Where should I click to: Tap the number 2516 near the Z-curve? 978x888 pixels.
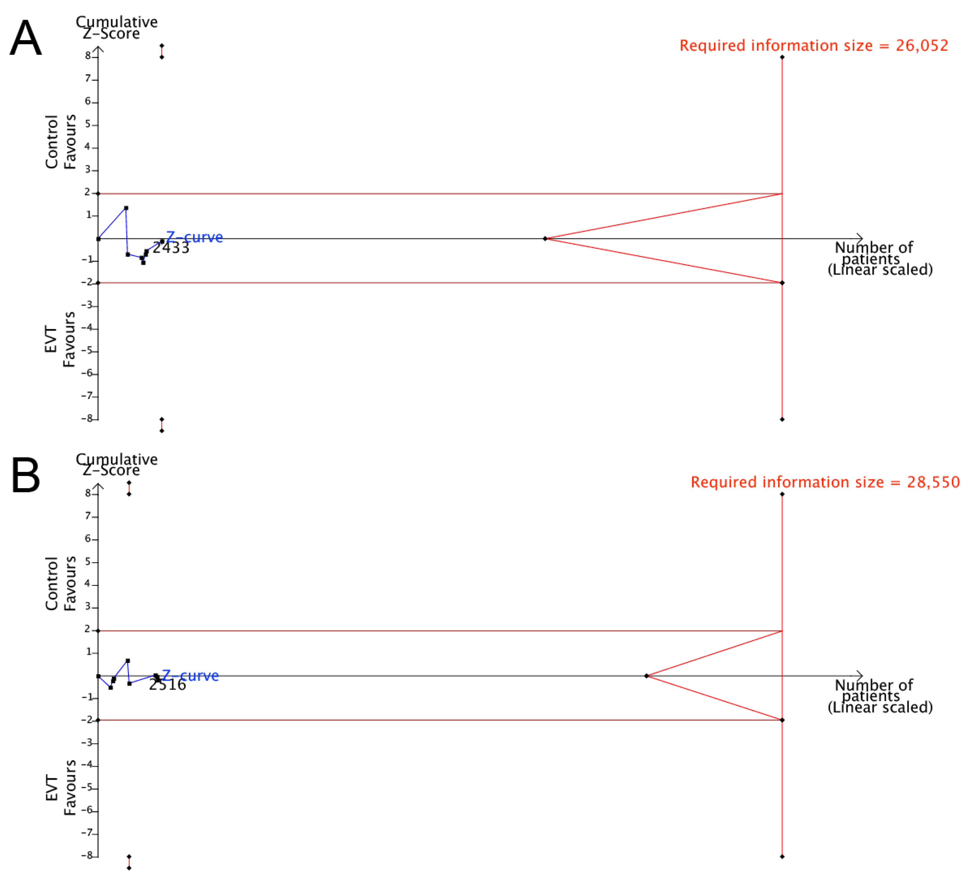click(167, 685)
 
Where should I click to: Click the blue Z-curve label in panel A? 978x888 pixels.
click(194, 237)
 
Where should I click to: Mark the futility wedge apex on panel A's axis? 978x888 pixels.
click(545, 239)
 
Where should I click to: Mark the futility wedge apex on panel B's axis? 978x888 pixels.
click(647, 676)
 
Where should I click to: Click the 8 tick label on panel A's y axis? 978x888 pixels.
click(88, 56)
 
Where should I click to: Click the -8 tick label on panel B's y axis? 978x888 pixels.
click(86, 856)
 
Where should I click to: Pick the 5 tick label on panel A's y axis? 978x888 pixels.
click(88, 124)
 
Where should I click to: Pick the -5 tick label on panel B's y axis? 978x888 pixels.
click(86, 787)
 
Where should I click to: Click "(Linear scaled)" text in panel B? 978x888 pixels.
click(880, 707)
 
